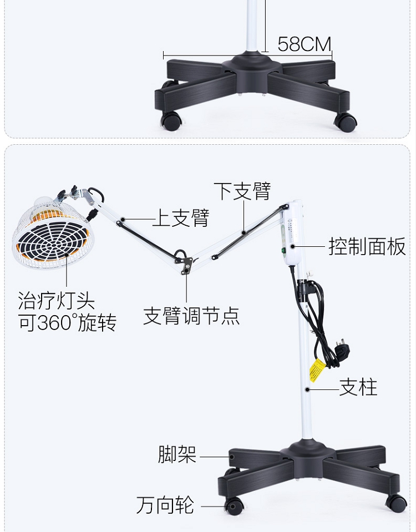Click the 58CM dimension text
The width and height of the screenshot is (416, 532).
(x=304, y=44)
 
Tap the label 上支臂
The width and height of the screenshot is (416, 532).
(x=180, y=218)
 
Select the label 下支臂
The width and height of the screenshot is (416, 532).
(x=242, y=191)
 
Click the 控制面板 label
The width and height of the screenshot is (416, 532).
(x=367, y=246)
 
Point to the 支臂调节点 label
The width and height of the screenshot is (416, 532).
(x=191, y=316)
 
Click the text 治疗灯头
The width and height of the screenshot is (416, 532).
(x=56, y=302)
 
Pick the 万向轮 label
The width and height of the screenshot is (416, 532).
(x=165, y=505)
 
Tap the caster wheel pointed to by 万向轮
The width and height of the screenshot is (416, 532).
(x=234, y=505)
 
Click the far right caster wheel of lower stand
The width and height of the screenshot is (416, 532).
(x=396, y=503)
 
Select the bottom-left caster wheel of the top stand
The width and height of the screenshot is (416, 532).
(x=171, y=121)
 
